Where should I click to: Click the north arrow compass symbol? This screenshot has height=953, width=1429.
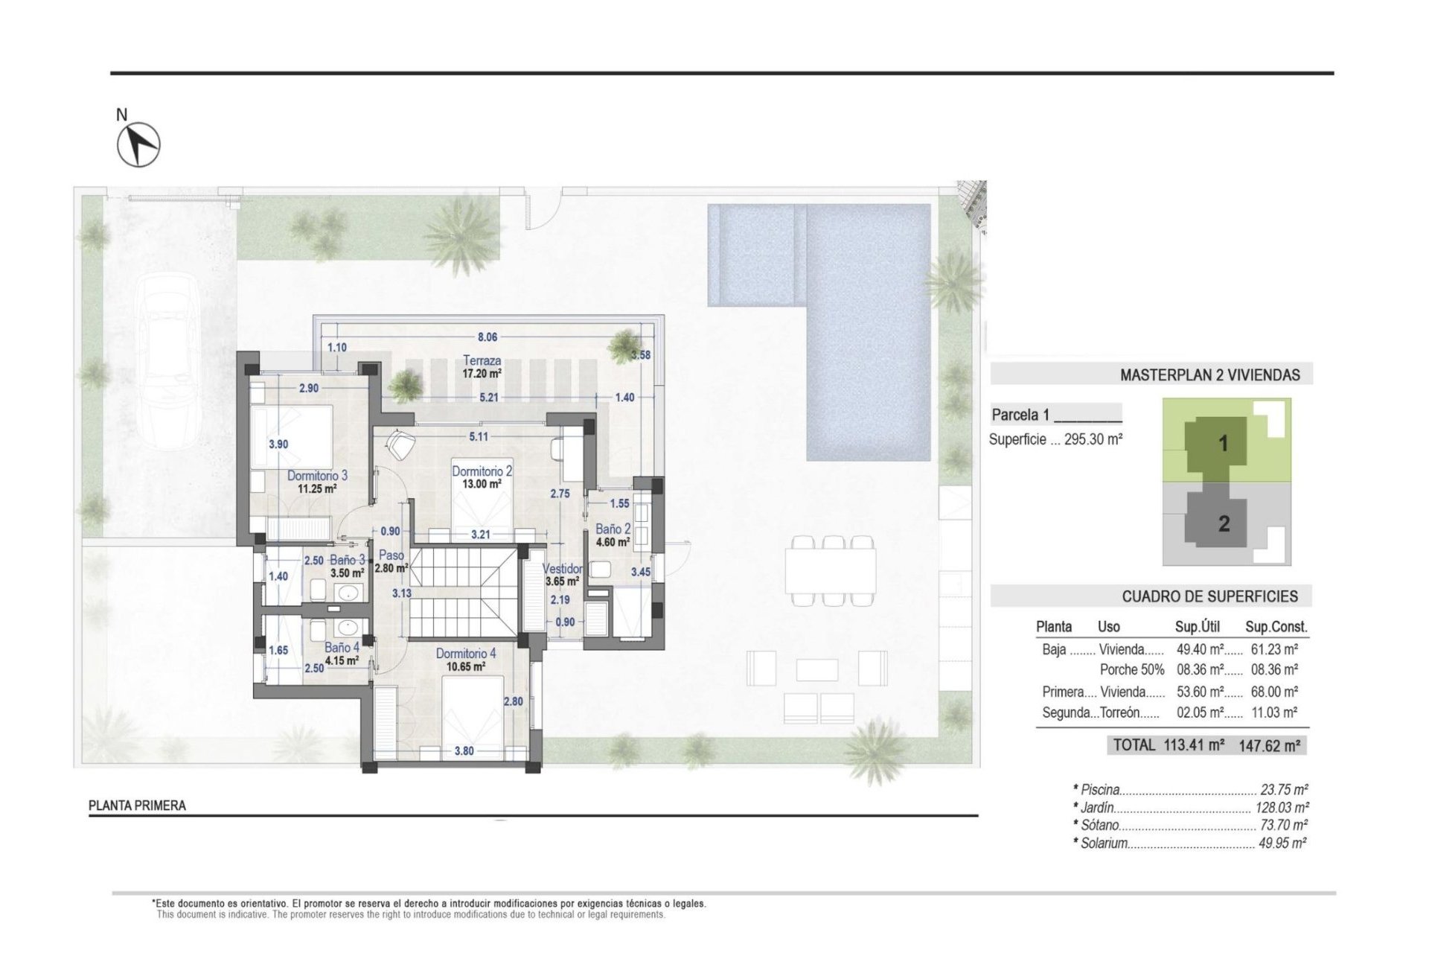coord(138,144)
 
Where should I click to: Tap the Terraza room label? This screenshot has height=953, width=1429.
coord(482,360)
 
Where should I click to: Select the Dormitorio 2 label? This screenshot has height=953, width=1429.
coord(482,471)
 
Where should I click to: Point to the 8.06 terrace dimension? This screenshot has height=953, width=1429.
coord(487,337)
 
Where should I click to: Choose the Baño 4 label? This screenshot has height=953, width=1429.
coord(342,648)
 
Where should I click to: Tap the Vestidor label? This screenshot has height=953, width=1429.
coord(562,569)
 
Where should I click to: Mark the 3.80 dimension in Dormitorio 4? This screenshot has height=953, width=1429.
coord(464,750)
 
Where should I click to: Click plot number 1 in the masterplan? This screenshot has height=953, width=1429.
coord(1223,444)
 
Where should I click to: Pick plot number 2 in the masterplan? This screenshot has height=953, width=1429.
coord(1224,524)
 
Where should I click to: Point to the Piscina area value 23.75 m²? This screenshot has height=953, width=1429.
coord(1284,790)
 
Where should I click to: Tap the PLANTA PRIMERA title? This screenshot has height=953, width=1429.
coord(137,806)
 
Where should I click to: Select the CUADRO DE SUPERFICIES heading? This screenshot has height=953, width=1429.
coord(1209,596)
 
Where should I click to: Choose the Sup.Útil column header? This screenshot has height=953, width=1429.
coord(1197,626)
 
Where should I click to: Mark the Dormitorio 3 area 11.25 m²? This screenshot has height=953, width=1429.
coord(317,489)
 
